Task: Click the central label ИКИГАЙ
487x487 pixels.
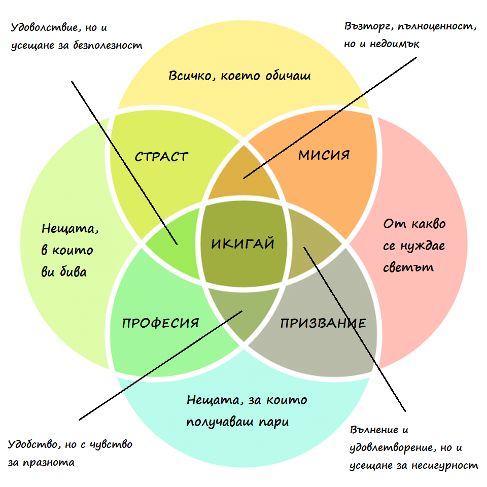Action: (x=242, y=244)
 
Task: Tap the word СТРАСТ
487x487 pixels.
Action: (x=161, y=157)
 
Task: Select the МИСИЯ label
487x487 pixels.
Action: (x=324, y=155)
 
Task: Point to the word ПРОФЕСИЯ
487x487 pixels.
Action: (x=160, y=323)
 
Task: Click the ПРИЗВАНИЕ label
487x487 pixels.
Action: (x=323, y=323)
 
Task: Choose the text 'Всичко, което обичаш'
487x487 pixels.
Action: (x=239, y=76)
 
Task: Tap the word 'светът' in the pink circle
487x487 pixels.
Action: (x=409, y=267)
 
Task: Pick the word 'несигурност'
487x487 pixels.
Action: (x=449, y=465)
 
